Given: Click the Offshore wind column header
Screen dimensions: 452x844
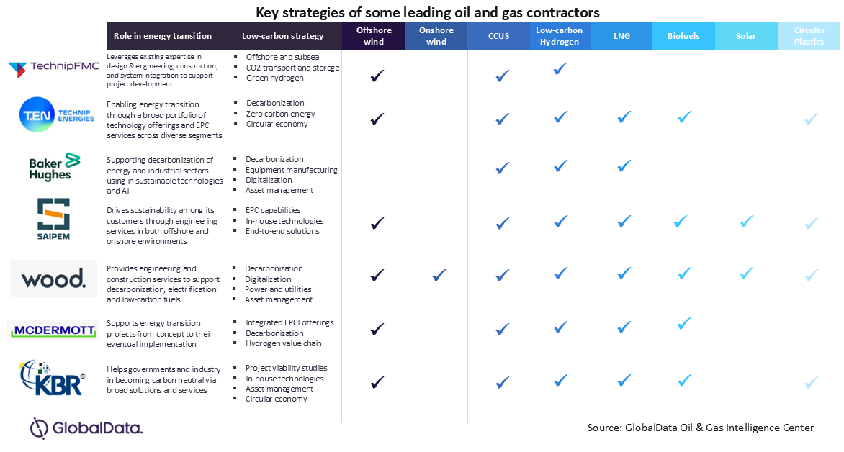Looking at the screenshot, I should (x=374, y=36).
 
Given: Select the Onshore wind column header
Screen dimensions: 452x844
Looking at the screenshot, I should (x=436, y=36).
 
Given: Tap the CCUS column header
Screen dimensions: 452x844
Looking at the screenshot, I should (x=498, y=36).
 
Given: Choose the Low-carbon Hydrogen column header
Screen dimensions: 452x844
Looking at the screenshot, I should (x=560, y=36).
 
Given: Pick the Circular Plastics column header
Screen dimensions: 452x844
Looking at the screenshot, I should (x=809, y=36).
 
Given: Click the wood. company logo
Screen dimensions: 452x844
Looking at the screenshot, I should (x=53, y=278).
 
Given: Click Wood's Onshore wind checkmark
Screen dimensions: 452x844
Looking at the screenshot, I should (x=437, y=275).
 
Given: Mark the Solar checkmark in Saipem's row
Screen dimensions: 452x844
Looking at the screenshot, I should (x=747, y=221).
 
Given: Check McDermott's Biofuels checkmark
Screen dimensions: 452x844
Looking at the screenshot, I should (x=684, y=324).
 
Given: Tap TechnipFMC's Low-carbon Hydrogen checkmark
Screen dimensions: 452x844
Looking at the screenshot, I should (x=560, y=69).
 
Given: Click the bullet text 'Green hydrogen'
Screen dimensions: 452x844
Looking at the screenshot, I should (x=274, y=78).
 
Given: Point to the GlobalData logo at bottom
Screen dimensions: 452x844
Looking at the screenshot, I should (x=86, y=428).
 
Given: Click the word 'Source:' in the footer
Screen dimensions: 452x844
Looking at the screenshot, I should (x=604, y=428).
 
